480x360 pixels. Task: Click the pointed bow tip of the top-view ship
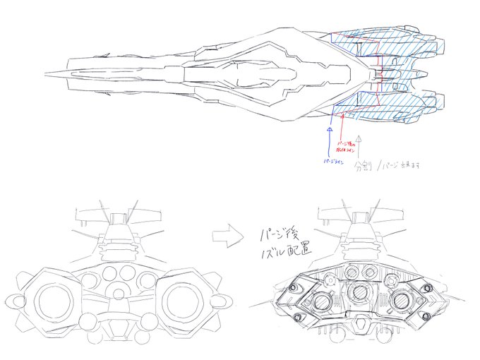tap(45, 73)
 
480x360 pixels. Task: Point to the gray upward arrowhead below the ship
tap(359, 139)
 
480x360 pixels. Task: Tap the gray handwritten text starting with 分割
tap(388, 167)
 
